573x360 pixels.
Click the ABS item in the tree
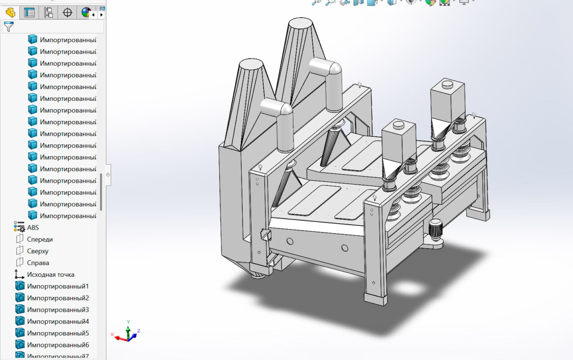coord(32,228)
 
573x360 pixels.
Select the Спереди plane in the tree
coord(40,239)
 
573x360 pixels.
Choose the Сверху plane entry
coord(37,251)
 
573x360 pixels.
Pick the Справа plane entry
coord(38,263)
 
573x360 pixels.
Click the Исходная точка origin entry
coord(50,274)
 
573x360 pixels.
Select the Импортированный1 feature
coord(58,286)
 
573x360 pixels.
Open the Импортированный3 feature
coord(58,310)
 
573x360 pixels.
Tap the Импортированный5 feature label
coord(58,333)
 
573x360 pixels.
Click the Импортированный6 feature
coord(58,345)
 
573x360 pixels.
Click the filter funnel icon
coord(9,27)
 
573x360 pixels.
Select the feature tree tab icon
coord(10,13)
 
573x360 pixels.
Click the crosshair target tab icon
coord(68,13)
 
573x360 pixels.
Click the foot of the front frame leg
coord(375,299)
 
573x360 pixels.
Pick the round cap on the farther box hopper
coord(447,84)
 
